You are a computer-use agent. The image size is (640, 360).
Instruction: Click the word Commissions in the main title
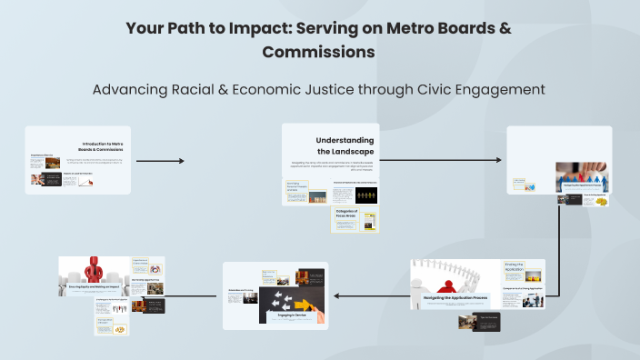pyautogui.click(x=319, y=53)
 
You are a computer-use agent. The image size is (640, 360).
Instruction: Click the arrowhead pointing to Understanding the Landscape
pyautogui.click(x=180, y=162)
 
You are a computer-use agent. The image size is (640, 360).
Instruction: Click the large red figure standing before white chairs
pyautogui.click(x=94, y=271)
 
